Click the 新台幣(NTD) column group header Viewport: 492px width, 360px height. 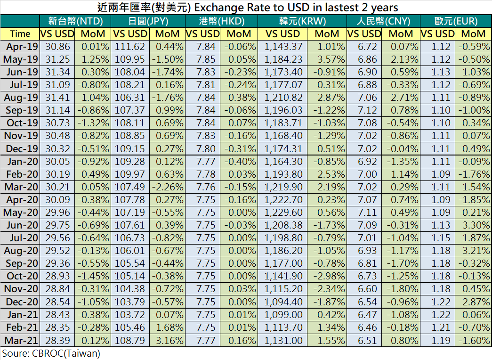tap(75, 21)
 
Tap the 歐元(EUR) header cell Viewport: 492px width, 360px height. tap(456, 21)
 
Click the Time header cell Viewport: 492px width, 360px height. tap(20, 33)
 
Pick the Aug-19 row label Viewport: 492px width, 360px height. tap(20, 97)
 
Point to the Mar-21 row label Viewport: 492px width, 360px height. tap(20, 340)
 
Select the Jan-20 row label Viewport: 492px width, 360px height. tap(20, 162)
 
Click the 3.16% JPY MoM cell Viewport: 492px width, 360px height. tap(167, 340)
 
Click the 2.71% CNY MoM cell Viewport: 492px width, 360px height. tap(401, 97)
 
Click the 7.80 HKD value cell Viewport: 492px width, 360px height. tap(203, 148)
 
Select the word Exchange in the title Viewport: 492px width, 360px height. tap(217, 8)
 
